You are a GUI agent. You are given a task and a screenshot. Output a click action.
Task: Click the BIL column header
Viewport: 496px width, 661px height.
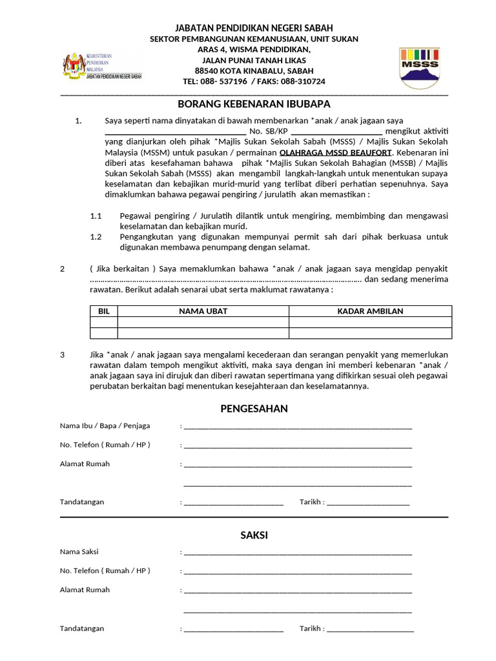(x=103, y=311)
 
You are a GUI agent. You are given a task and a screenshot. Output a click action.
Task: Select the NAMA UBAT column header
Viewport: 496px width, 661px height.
(x=203, y=311)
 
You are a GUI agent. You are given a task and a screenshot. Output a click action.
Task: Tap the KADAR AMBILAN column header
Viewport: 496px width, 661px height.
(x=370, y=311)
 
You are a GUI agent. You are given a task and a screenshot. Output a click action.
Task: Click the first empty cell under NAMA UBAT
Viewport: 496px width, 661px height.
(x=203, y=322)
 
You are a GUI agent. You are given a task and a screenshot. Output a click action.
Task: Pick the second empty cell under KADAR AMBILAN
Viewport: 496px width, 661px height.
(x=370, y=333)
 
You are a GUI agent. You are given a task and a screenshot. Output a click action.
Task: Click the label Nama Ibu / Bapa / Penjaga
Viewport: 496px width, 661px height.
(x=105, y=426)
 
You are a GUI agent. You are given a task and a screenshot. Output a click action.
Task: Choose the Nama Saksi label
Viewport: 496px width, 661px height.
(x=79, y=552)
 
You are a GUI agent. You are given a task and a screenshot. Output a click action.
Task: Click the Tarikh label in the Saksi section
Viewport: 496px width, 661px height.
(x=311, y=628)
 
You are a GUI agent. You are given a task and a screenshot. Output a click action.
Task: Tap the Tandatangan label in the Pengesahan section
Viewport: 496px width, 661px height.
(x=82, y=502)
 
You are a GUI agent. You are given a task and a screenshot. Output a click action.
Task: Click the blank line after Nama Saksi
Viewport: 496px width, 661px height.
(x=297, y=553)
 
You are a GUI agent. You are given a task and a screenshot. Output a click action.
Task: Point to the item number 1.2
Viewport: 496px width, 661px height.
(x=96, y=237)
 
